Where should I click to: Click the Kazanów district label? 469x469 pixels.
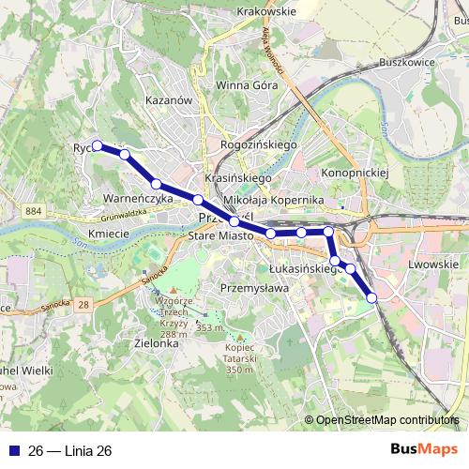tap(169, 98)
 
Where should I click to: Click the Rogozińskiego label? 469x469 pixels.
tap(258, 145)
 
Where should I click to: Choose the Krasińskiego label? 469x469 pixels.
tap(237, 178)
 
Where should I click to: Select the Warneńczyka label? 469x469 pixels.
tap(138, 199)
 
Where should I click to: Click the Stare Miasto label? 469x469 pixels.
tap(221, 237)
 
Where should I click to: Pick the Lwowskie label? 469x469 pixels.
tap(432, 265)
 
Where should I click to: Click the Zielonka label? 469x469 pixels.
tap(156, 343)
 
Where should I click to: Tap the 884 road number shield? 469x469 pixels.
tap(35, 212)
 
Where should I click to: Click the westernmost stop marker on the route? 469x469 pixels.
tap(97, 145)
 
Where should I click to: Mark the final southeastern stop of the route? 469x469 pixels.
tap(371, 297)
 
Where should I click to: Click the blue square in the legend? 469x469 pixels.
tap(13, 451)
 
